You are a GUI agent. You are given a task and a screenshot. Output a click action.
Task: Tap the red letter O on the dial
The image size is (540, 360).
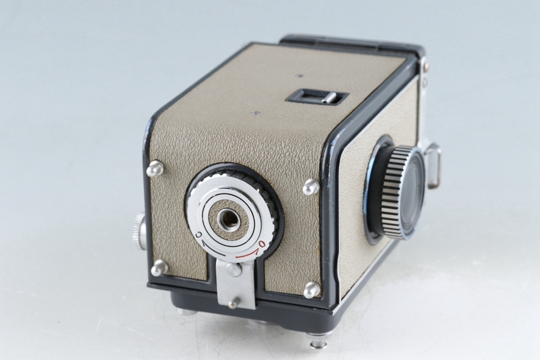pos(263,245)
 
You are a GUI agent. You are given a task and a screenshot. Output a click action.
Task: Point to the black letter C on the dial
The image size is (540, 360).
pos(199,235)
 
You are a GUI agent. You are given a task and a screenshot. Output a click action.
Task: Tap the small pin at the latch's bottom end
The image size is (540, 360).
pos(234,302)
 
